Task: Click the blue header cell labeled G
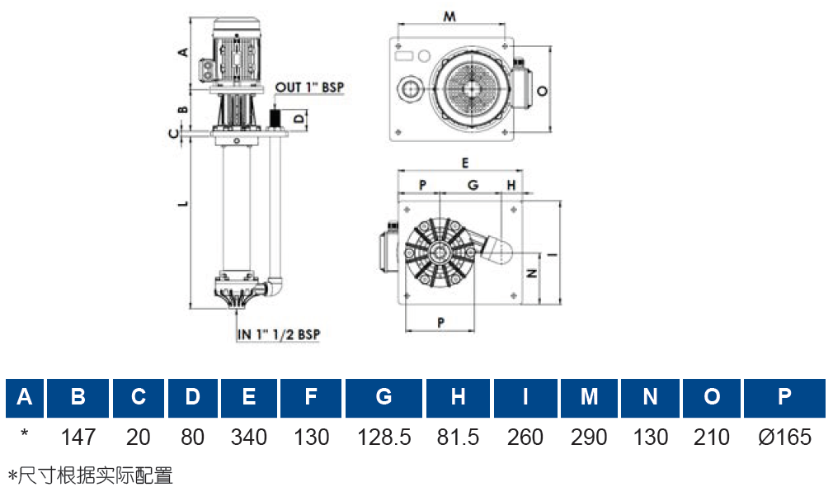click(384, 397)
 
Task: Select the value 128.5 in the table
click(384, 438)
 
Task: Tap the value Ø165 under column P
click(784, 438)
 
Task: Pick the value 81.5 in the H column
click(458, 438)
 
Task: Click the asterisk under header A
click(24, 433)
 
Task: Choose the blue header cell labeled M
click(589, 397)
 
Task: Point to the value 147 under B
click(78, 438)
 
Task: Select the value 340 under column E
click(248, 438)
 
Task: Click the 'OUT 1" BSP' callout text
click(309, 88)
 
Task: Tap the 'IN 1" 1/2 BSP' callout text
click(279, 334)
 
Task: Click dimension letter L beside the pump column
click(183, 203)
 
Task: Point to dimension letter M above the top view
click(449, 17)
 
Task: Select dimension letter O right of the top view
click(542, 91)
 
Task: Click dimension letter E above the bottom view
click(465, 163)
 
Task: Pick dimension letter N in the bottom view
click(531, 273)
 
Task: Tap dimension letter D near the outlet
click(299, 118)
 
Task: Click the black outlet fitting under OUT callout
click(275, 118)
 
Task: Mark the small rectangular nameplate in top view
click(404, 56)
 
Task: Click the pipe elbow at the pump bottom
click(275, 286)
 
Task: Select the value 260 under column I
click(525, 438)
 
